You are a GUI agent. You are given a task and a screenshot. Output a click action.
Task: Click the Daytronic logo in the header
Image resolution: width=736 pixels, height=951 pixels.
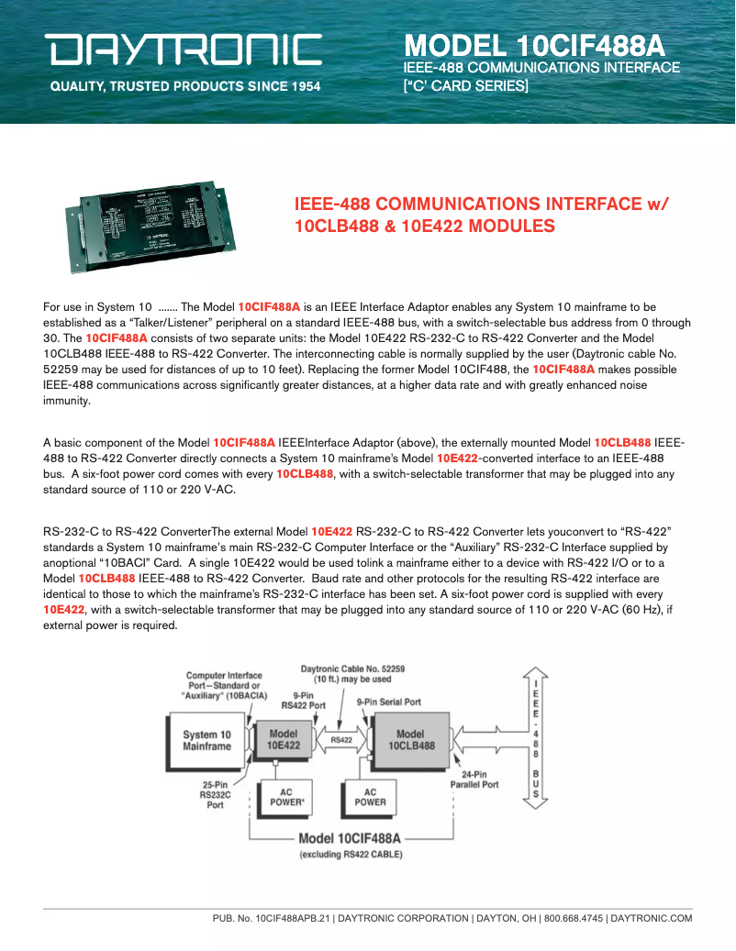pos(185,50)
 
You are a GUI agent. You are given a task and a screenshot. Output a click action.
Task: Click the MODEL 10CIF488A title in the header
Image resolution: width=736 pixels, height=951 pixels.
pos(534,46)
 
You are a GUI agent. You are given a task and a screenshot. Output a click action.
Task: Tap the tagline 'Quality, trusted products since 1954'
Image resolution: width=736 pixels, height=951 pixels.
pos(184,87)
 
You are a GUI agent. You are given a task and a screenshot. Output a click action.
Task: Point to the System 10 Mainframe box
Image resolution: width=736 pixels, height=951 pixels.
pos(206,740)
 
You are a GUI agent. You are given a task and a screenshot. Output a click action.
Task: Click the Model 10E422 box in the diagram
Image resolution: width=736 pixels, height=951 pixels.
pos(284,740)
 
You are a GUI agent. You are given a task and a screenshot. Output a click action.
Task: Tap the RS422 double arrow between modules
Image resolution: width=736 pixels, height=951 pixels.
pos(341,739)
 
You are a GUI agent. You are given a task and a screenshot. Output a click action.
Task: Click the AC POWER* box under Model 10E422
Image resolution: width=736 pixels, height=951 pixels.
pos(286,797)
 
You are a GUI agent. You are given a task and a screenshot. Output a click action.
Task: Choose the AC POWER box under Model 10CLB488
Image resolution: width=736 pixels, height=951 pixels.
pos(370,797)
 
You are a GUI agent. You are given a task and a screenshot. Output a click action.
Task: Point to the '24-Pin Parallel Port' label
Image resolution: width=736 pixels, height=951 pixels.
pos(474,780)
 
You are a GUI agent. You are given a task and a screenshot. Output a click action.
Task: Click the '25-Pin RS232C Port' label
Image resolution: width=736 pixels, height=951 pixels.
pos(215,795)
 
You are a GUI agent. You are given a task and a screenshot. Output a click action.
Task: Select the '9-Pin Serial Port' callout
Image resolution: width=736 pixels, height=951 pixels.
pos(389,702)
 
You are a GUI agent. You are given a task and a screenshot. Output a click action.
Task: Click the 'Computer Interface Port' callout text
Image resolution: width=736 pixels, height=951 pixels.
pos(224,685)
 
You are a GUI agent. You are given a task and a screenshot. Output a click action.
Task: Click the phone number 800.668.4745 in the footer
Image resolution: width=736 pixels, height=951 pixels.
pos(574,918)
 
